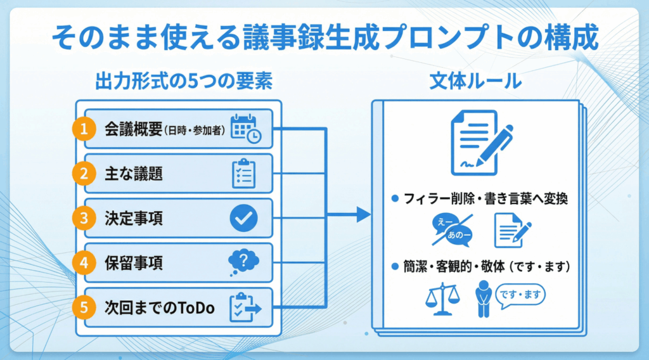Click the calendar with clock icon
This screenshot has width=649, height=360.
pyautogui.click(x=244, y=129)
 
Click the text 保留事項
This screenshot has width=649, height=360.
pyautogui.click(x=134, y=263)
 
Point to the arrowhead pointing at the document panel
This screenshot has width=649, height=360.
pyautogui.click(x=363, y=215)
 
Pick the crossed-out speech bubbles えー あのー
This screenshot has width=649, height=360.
pyautogui.click(x=452, y=230)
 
